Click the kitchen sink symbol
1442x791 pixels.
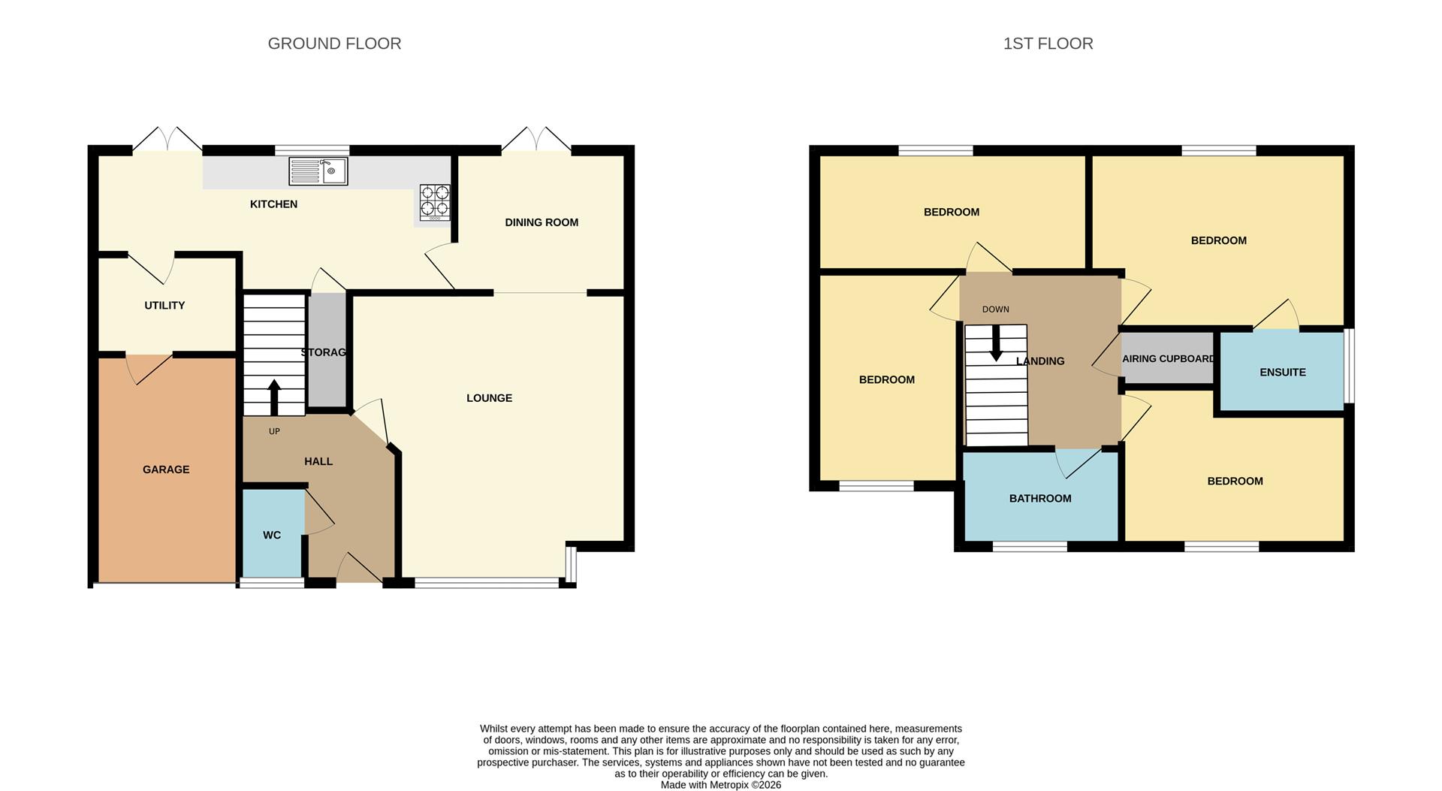318,171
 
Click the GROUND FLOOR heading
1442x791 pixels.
334,44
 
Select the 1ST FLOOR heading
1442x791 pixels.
1048,44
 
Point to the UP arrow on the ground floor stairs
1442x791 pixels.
274,397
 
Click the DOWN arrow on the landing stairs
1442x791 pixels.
996,346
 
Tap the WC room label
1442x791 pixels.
272,535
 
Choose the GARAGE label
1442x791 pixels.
166,469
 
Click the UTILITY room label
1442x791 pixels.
164,305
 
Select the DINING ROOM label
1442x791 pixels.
542,222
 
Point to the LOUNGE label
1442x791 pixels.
489,398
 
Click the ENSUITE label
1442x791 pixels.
1282,372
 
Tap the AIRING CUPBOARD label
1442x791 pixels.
1168,358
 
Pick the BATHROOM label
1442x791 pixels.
1039,498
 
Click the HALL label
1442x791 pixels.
318,461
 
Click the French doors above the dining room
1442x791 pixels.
536,141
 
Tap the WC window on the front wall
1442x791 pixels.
272,581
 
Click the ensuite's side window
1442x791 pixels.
1349,366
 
